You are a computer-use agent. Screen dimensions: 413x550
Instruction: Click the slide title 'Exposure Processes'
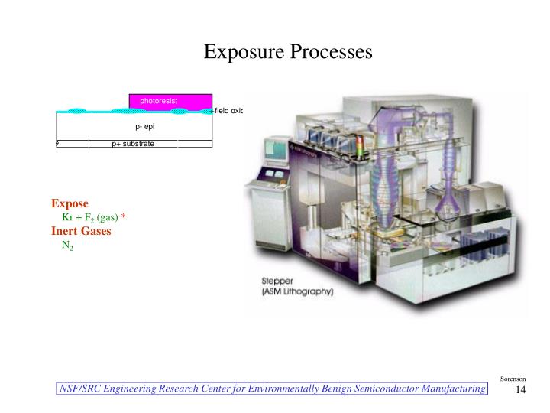coord(287,52)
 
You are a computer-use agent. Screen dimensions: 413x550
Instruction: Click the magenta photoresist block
coord(170,102)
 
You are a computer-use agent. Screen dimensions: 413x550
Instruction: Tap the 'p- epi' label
coord(145,126)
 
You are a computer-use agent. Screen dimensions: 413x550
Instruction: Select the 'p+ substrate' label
coord(133,143)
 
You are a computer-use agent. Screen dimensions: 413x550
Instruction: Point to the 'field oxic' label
coord(228,111)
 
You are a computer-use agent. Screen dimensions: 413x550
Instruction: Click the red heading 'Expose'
coord(70,203)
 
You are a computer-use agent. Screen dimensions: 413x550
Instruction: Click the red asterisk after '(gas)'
coord(123,216)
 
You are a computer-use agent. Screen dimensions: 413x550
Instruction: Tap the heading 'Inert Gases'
coord(81,231)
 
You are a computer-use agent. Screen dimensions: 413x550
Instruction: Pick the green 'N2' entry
coord(67,246)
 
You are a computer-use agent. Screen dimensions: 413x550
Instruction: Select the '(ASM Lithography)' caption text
coord(297,292)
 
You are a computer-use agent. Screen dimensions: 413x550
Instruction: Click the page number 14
coord(522,390)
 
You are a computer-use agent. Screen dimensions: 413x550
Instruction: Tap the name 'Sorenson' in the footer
coord(513,379)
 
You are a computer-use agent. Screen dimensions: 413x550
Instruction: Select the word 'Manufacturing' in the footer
coord(448,389)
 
